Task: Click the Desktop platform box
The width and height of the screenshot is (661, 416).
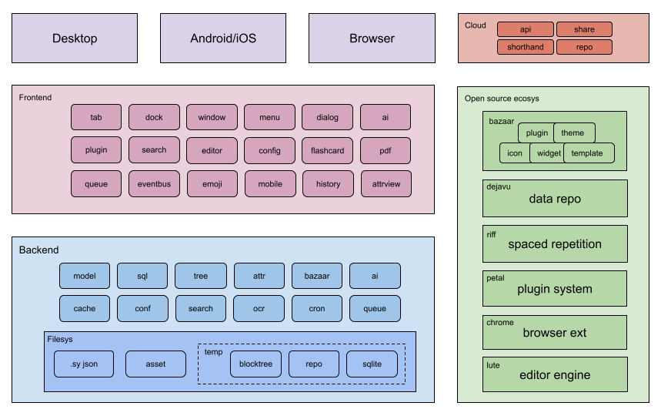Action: [x=75, y=39]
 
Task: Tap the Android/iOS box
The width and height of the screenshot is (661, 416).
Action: [x=223, y=39]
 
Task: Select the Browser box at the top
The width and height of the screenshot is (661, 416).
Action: [x=372, y=39]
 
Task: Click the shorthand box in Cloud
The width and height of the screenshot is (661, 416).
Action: [x=526, y=47]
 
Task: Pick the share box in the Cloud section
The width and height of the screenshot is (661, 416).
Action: [x=584, y=29]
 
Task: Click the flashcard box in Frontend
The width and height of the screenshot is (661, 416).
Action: [x=327, y=150]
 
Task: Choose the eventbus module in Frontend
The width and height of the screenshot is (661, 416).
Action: [x=154, y=184]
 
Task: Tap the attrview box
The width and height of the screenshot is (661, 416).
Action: [x=386, y=184]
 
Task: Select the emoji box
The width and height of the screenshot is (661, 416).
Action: [x=212, y=184]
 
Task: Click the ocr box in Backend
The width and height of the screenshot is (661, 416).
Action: [x=259, y=309]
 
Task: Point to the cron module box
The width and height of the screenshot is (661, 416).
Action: [x=317, y=309]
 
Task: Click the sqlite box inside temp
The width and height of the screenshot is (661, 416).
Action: [x=374, y=364]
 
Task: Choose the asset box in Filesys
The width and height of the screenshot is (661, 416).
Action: [x=155, y=364]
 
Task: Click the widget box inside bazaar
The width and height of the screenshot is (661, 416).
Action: [x=548, y=153]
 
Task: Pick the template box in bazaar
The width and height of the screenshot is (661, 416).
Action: [x=589, y=153]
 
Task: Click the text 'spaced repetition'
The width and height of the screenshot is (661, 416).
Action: [x=555, y=244]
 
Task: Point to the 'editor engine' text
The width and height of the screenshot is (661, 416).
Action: [x=555, y=375]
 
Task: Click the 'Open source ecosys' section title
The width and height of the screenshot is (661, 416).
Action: [x=502, y=99]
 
